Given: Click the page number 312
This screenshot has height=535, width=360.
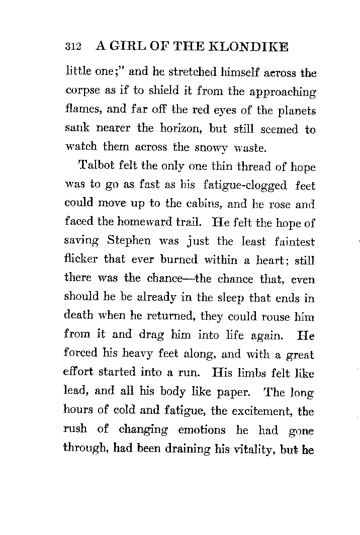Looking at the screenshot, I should tap(73, 47).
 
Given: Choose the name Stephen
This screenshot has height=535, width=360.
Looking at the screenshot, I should tap(129, 241).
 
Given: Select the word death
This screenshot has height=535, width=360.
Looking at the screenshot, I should tap(79, 316).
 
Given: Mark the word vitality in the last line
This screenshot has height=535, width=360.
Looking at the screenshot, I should tap(256, 449).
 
